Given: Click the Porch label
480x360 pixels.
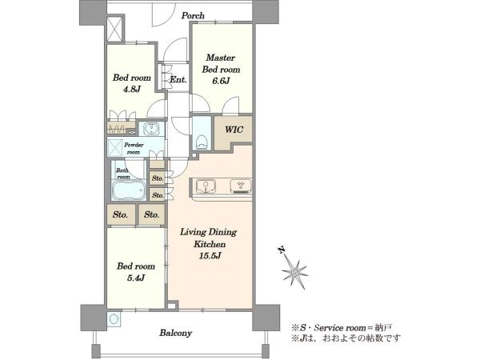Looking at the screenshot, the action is click(x=193, y=15).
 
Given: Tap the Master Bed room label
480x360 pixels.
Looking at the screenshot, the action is click(x=221, y=63).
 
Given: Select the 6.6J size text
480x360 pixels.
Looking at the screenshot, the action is click(x=221, y=81).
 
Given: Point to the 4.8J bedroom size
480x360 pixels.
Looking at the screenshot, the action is click(x=132, y=89).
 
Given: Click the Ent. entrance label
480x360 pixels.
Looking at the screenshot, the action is click(x=178, y=79).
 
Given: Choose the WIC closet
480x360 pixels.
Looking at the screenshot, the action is click(x=234, y=129).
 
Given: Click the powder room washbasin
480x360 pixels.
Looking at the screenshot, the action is click(x=151, y=129).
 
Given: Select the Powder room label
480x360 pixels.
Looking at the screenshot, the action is click(x=134, y=148).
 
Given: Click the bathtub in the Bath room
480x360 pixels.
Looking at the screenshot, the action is click(x=129, y=190).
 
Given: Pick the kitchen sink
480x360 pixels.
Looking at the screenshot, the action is click(x=206, y=186).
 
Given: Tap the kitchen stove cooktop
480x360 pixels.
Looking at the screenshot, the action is click(x=241, y=186).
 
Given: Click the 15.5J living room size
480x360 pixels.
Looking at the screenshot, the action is click(x=210, y=256).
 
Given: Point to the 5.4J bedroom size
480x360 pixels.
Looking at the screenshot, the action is click(x=136, y=278).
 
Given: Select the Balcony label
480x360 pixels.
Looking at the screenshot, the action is click(x=176, y=333).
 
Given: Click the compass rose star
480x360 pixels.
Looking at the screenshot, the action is click(x=294, y=273).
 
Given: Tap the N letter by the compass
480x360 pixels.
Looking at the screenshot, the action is click(x=282, y=250).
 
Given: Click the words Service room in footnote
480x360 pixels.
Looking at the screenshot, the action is click(x=340, y=328).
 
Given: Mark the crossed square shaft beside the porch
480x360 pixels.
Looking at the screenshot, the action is click(x=115, y=30).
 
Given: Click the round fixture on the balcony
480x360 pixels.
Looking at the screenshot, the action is click(x=114, y=319).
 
